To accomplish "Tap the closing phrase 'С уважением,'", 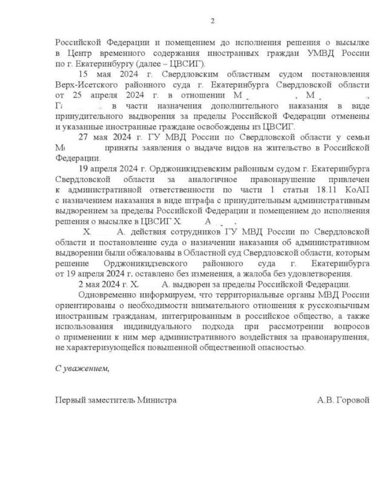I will click(x=78, y=369).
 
